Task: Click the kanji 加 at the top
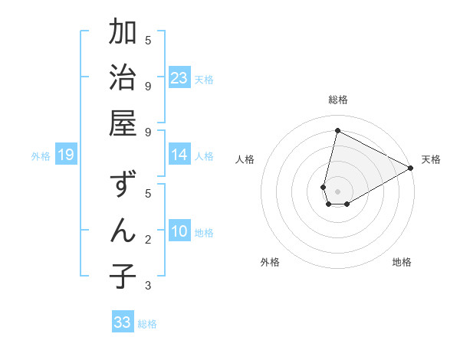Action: click(123, 33)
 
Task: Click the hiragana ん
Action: click(123, 231)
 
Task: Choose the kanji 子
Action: click(123, 276)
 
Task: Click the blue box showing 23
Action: click(179, 78)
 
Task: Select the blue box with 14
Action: click(179, 155)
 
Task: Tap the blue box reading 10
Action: click(179, 232)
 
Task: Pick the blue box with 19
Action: click(65, 155)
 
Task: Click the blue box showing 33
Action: click(123, 322)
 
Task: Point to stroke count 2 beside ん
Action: click(148, 240)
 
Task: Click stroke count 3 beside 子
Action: click(148, 286)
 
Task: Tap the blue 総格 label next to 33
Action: click(147, 324)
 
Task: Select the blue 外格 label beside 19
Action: click(41, 156)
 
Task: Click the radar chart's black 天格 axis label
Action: click(431, 159)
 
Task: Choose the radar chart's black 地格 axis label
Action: click(402, 262)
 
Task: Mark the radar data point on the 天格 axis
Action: click(411, 168)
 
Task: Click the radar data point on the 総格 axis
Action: click(337, 130)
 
